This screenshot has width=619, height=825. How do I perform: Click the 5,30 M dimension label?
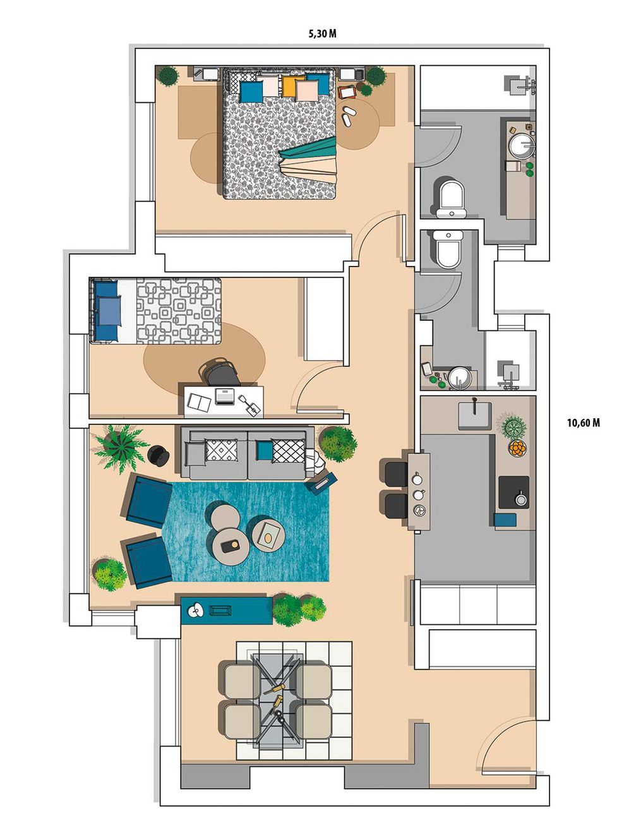pyautogui.click(x=322, y=34)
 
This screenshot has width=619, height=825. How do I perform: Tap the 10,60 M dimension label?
pyautogui.click(x=583, y=423)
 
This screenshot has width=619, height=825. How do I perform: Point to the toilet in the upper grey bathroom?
pyautogui.click(x=452, y=199)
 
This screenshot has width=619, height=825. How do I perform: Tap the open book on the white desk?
pyautogui.click(x=200, y=402)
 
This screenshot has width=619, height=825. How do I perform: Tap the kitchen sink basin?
pyautogui.click(x=475, y=416)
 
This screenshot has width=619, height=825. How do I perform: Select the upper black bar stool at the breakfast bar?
pyautogui.click(x=396, y=474)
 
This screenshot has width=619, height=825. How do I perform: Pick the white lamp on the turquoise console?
pyautogui.click(x=195, y=610)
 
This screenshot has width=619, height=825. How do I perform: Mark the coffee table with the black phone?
pyautogui.click(x=231, y=546)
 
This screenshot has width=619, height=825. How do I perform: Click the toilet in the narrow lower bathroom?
pyautogui.click(x=448, y=249)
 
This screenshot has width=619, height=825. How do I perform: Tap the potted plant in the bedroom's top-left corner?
pyautogui.click(x=167, y=76)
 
